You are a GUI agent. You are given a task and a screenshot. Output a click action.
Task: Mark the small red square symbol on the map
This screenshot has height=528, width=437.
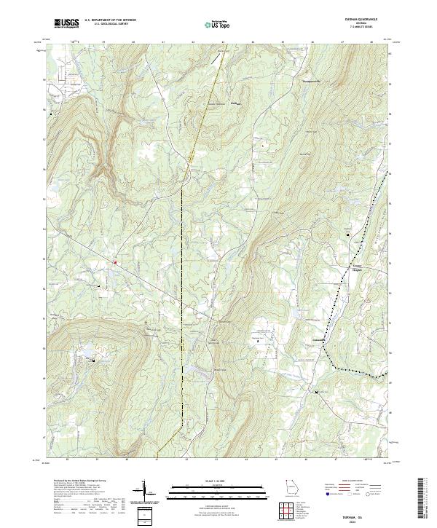(115, 261)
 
